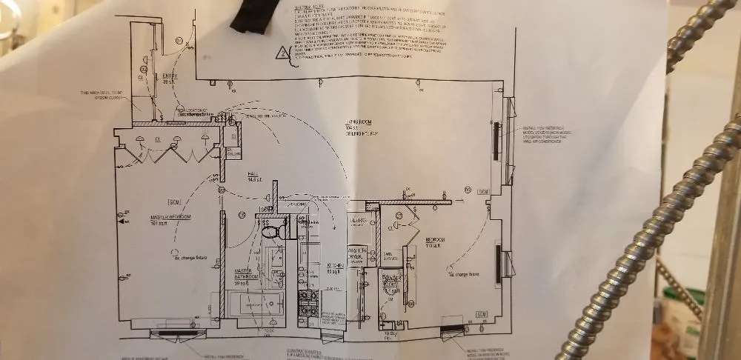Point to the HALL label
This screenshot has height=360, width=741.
[x=253, y=176]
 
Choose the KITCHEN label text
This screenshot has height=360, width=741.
[x=333, y=268]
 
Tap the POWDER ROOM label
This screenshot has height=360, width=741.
[x=391, y=282]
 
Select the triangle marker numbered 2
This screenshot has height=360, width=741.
[x=282, y=53]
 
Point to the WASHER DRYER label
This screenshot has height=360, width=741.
[x=359, y=253]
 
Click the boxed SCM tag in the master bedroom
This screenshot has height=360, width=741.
[x=175, y=202]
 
